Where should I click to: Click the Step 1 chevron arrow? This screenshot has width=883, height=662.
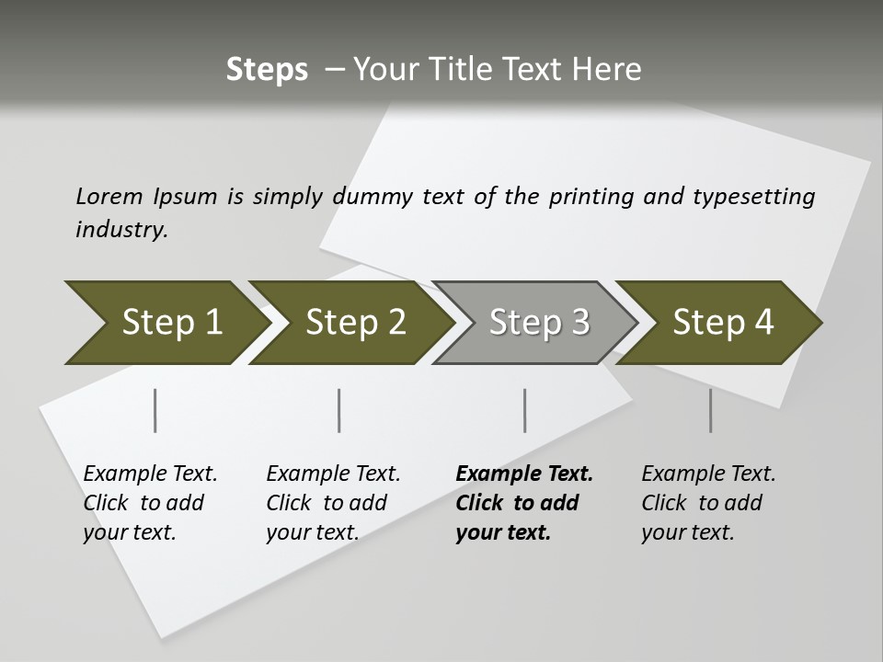click(x=166, y=323)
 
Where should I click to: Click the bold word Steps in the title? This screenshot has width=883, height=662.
click(x=267, y=70)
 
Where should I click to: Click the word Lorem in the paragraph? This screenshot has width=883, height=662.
click(x=109, y=196)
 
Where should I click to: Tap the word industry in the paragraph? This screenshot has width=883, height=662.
click(x=121, y=230)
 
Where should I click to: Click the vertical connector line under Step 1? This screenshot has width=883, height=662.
click(x=155, y=410)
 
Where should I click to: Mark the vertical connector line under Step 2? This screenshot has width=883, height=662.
click(x=339, y=410)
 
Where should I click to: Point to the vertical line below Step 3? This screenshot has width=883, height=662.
click(x=524, y=410)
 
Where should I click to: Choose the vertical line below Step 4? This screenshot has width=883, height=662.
click(x=710, y=410)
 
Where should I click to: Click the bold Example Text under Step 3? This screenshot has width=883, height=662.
click(x=524, y=474)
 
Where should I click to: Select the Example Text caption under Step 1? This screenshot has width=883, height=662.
click(x=150, y=474)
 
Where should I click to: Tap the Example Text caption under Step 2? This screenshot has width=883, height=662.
click(x=333, y=474)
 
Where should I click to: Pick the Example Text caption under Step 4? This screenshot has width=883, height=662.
click(x=708, y=474)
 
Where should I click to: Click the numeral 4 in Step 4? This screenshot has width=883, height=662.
click(x=763, y=323)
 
